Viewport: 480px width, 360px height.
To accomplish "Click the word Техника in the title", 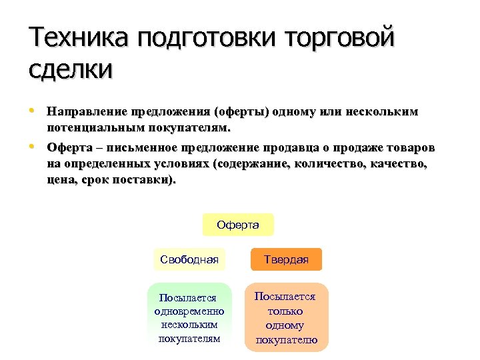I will click(79, 39).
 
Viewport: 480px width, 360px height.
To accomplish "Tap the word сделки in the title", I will click(71, 69).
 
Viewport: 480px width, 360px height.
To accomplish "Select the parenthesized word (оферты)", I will click(241, 111).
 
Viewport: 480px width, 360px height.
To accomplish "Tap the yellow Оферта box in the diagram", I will click(238, 225).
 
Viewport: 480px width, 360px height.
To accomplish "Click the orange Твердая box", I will click(286, 259).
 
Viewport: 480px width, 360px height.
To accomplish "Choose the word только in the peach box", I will click(285, 311).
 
